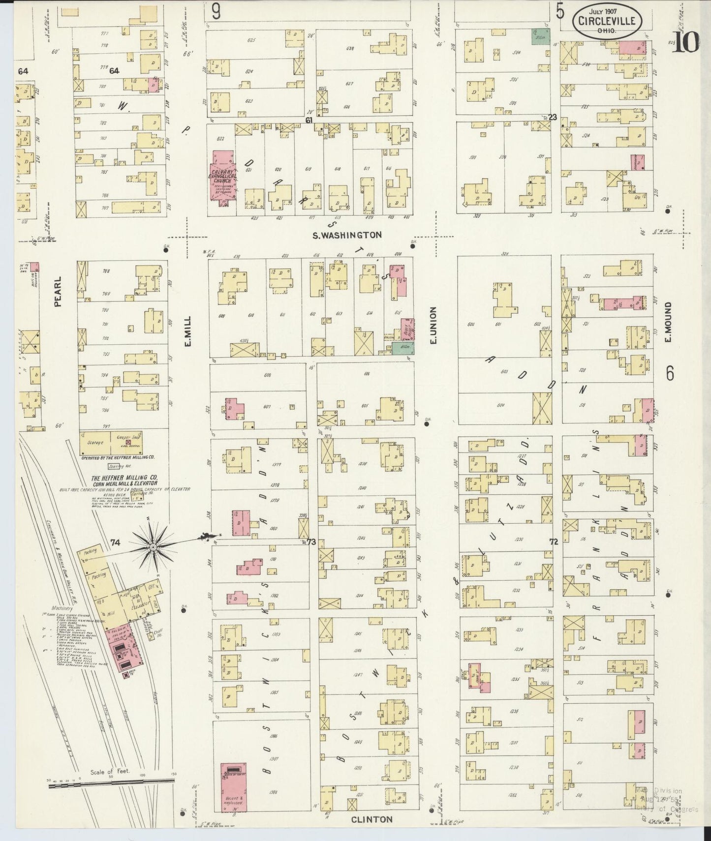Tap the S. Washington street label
347,235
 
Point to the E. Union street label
433,325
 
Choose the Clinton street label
372,819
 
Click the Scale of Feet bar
111,785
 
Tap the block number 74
115,542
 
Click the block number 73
310,541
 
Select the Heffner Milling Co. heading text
124,481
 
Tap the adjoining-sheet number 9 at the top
216,11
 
